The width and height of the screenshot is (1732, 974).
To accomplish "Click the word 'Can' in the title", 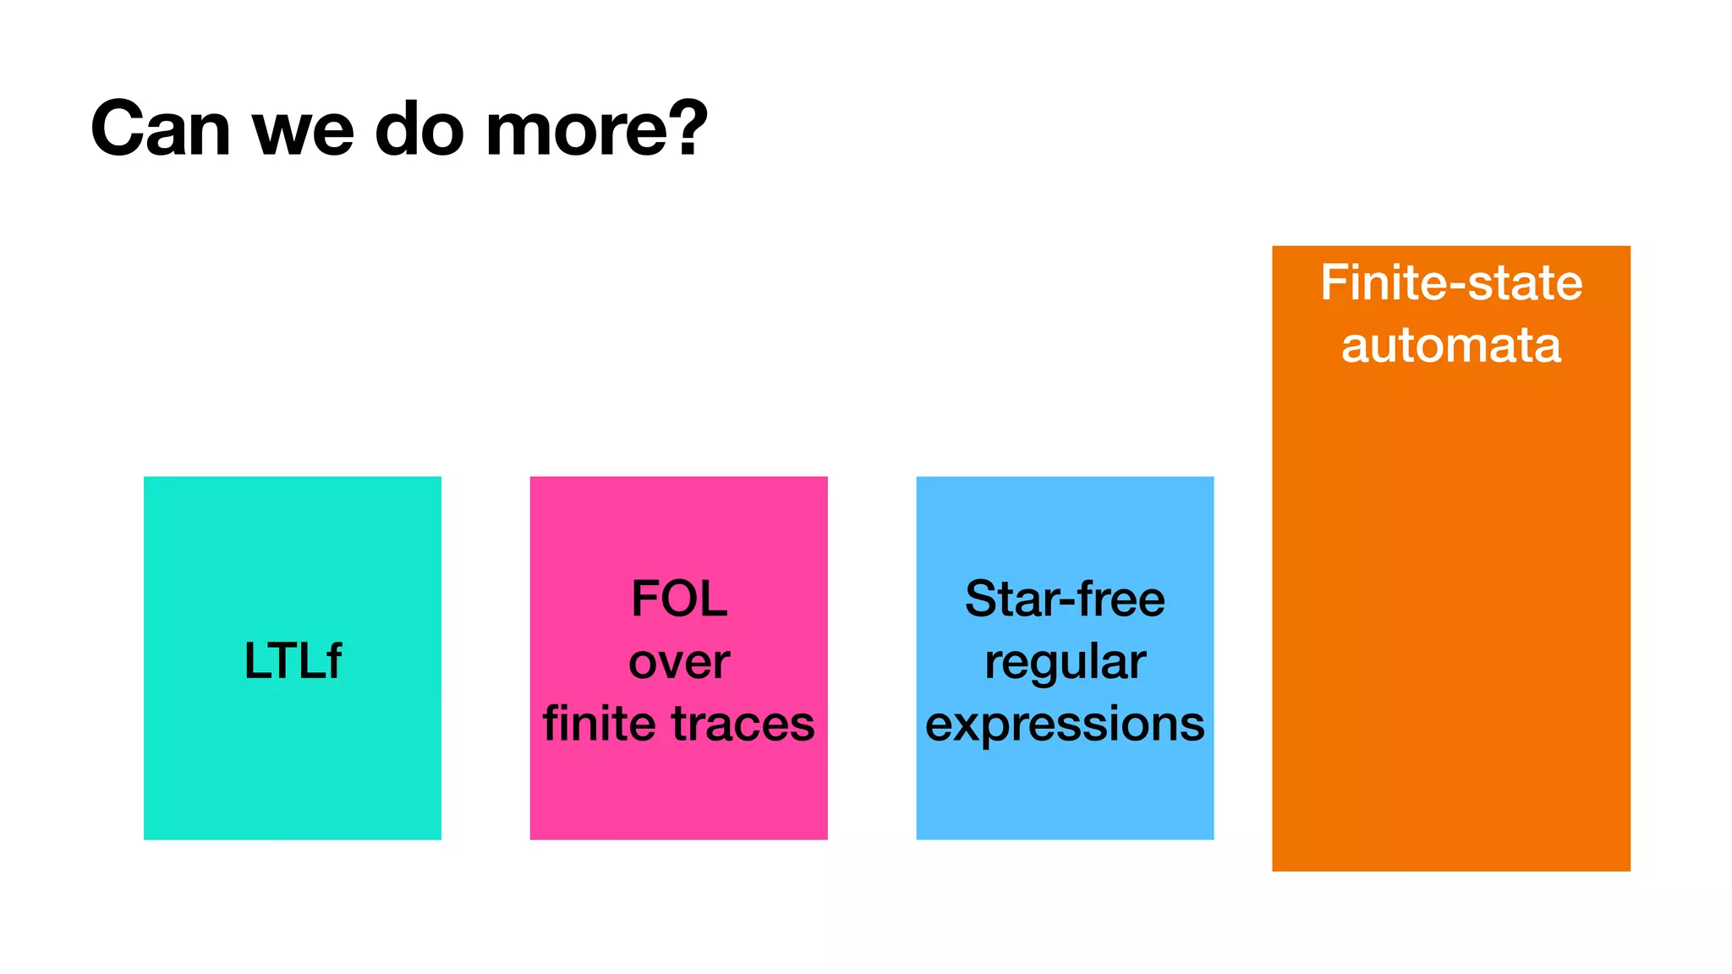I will tap(161, 129).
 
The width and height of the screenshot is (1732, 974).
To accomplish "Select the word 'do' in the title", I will tap(419, 129).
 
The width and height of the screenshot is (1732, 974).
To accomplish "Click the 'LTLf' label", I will tap(293, 660).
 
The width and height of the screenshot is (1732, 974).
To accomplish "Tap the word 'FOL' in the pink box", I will tap(679, 599).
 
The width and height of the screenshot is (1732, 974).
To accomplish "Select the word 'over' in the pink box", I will tap(679, 661).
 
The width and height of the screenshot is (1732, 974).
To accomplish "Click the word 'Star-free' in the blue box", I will tap(1065, 599).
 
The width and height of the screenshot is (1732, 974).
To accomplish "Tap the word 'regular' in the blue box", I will tap(1065, 662).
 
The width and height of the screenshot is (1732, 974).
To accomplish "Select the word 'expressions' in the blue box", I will tap(1065, 725).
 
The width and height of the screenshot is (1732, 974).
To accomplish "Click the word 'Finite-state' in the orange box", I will tap(1451, 282).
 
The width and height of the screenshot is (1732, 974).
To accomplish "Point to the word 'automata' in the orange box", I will tap(1451, 345).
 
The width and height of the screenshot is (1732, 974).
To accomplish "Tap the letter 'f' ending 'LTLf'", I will tap(333, 659).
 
